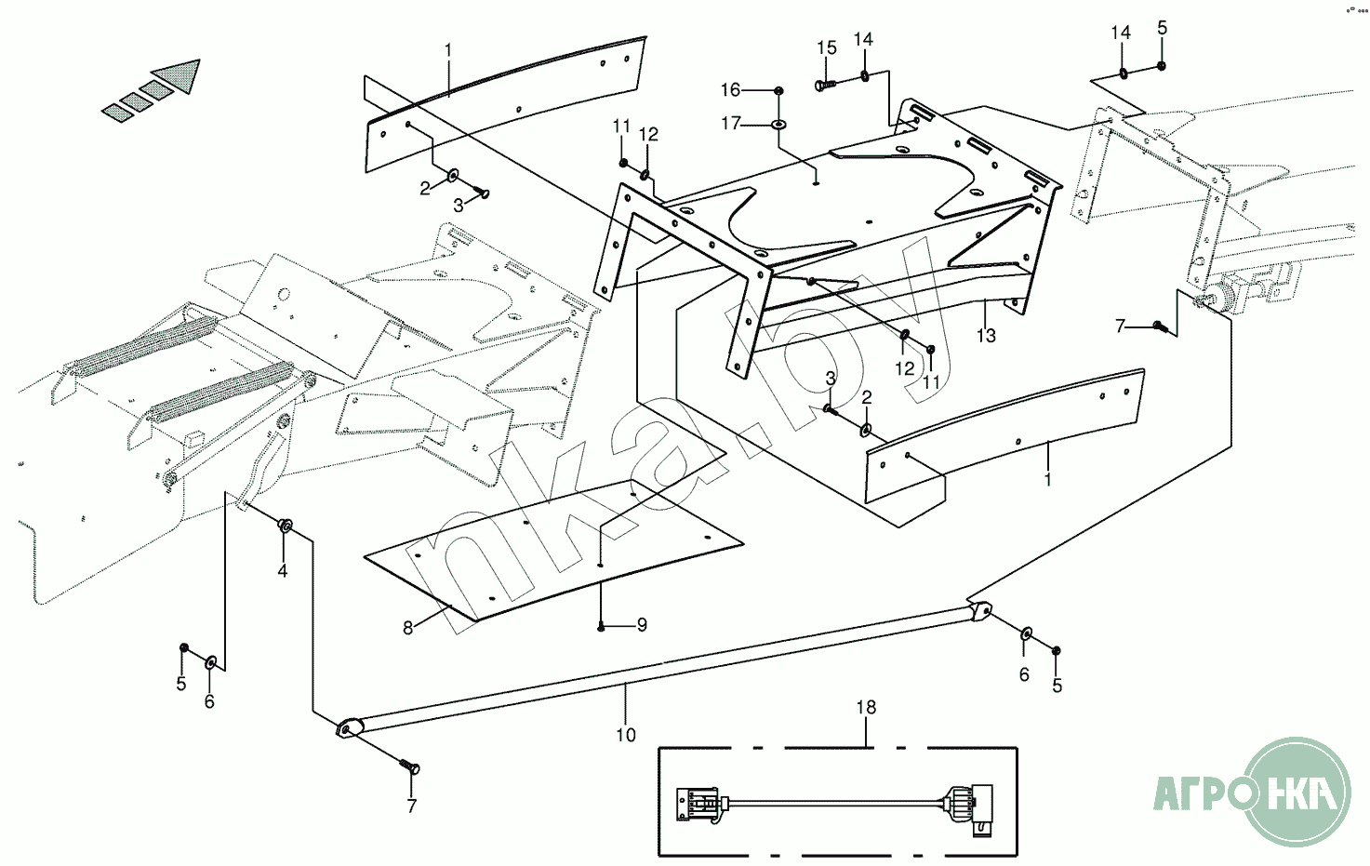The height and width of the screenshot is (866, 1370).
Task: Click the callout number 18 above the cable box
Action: point(866,708)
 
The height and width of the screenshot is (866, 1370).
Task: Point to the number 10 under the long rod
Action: point(626,735)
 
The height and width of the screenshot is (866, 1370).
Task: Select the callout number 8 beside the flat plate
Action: point(407,628)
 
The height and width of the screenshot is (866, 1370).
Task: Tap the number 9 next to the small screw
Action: point(642,625)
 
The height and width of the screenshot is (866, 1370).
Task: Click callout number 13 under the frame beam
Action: point(986,335)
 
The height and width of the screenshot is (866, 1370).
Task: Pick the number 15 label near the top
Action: point(827,48)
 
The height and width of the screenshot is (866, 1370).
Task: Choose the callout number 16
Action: point(731,89)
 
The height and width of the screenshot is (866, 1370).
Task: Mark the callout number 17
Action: point(731,123)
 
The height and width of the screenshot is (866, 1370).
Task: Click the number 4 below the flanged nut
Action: point(283,570)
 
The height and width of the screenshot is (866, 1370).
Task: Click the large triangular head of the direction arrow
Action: point(180,76)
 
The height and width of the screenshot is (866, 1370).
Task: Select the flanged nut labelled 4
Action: point(286,527)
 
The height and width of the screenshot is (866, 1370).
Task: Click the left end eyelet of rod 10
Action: point(348,728)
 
